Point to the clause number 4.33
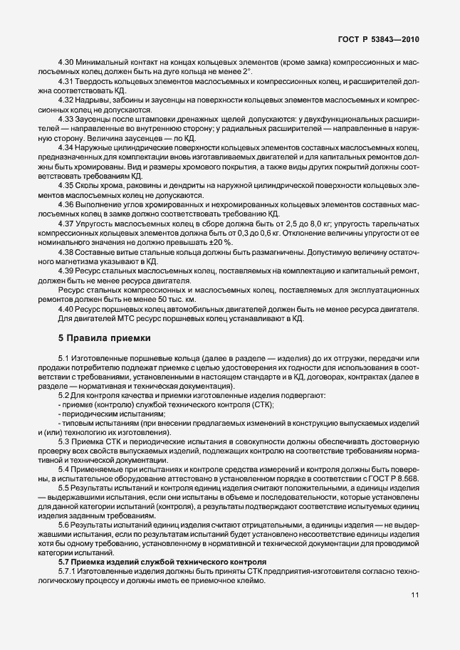pos(66,120)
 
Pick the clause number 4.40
pos(66,308)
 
